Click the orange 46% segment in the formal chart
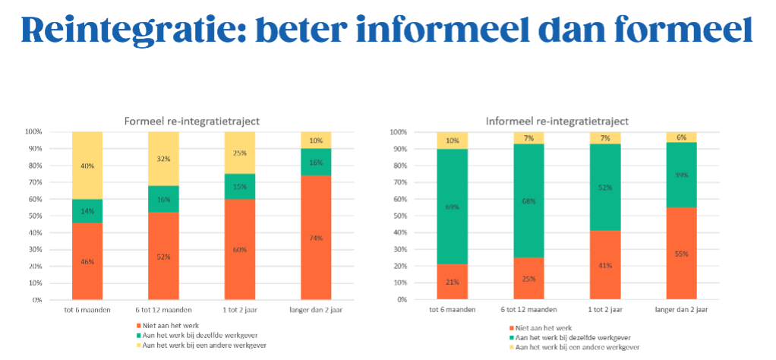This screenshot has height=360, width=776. (x=87, y=261)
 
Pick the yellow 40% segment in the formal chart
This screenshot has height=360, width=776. (x=87, y=166)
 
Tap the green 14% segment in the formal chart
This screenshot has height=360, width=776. (x=87, y=210)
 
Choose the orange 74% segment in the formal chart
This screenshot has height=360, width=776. (x=315, y=237)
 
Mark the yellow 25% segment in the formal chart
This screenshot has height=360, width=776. (x=239, y=153)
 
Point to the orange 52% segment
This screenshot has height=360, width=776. (x=163, y=256)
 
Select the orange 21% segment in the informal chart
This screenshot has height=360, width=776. (x=453, y=282)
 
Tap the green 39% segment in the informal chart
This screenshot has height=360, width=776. (x=681, y=175)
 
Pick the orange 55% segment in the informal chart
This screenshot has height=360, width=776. (x=681, y=254)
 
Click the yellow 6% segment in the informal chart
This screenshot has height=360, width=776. (x=681, y=137)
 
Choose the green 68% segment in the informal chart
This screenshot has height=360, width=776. (x=528, y=201)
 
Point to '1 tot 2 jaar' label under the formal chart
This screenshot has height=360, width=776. (x=239, y=309)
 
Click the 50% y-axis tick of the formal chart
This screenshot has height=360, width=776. (x=33, y=216)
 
